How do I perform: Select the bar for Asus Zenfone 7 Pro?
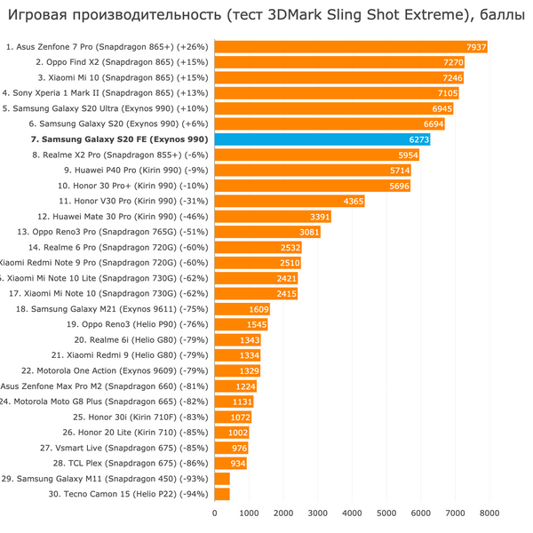coord(351,47)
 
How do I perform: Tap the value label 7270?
coord(453,63)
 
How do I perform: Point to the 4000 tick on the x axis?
coord(352,513)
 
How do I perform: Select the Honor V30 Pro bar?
coord(290,202)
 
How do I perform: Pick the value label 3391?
coord(320,217)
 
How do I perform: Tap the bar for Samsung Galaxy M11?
coord(222,479)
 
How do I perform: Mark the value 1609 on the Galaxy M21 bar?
coord(259,309)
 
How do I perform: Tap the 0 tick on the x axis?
coord(215,513)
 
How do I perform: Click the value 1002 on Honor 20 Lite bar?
coord(238,433)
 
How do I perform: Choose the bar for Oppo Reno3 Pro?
coord(267,232)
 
